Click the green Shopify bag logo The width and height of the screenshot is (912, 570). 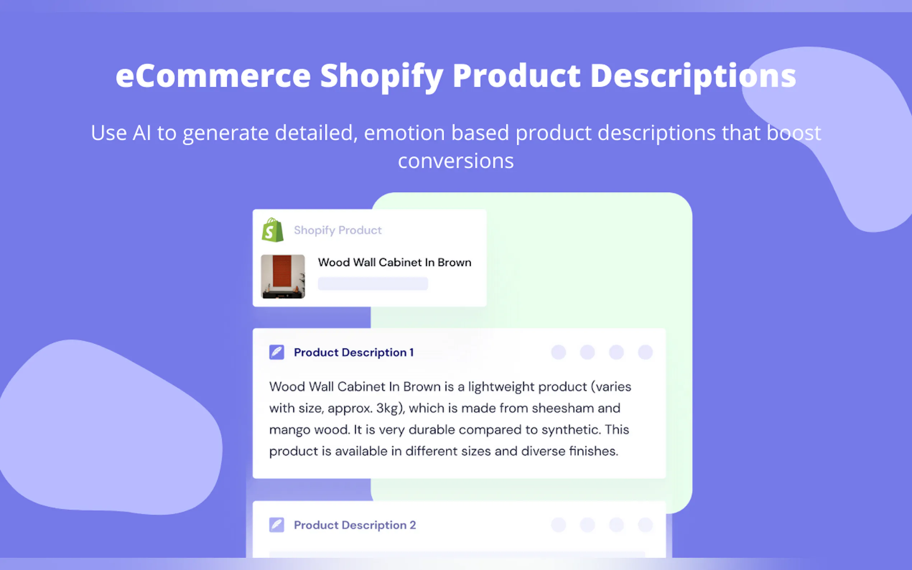pos(273,230)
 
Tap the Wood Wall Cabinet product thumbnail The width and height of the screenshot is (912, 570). pos(283,276)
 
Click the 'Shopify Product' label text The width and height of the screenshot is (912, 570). pos(338,230)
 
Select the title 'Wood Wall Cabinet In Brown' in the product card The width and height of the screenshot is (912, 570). pos(394,262)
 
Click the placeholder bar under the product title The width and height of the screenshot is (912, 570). pos(373,284)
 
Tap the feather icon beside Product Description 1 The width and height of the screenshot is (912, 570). pos(277,352)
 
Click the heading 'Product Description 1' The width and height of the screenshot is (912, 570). pos(354,352)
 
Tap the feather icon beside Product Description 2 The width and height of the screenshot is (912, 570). pos(277,525)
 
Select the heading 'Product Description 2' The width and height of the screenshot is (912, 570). pos(355,525)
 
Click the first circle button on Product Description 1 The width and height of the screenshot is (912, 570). pos(558,352)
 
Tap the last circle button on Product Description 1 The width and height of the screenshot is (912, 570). pos(645,352)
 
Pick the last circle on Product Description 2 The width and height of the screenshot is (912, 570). pos(645,524)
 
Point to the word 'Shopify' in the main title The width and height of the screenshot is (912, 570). pos(382,77)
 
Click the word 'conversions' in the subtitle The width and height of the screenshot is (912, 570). pos(456,162)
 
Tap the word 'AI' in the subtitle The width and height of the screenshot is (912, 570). pos(142,133)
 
